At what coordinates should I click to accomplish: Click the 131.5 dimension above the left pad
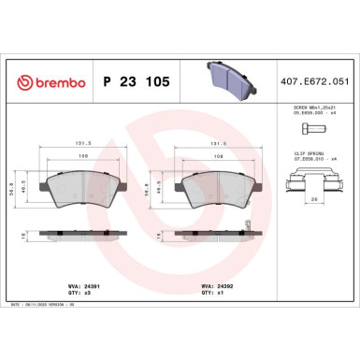pyautogui.click(x=81, y=145)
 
